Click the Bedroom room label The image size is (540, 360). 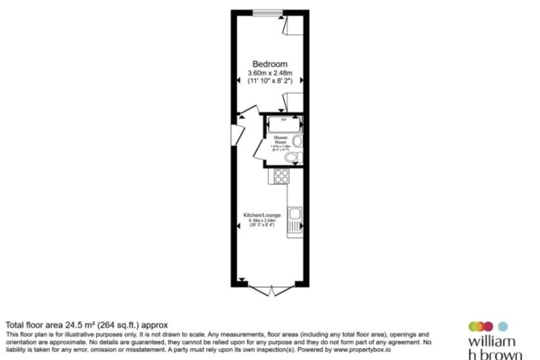(x=269, y=64)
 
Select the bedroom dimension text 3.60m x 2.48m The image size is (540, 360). (x=269, y=73)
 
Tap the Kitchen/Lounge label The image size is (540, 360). (x=262, y=216)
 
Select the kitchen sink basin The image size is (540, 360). (x=295, y=214)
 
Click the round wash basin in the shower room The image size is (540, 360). (x=298, y=141)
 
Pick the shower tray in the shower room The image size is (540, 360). (x=284, y=124)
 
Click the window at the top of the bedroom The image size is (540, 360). (x=266, y=13)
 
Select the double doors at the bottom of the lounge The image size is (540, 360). (x=270, y=289)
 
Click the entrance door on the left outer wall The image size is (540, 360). (x=237, y=134)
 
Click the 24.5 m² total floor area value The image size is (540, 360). (x=75, y=325)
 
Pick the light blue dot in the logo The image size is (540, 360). (x=503, y=326)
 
